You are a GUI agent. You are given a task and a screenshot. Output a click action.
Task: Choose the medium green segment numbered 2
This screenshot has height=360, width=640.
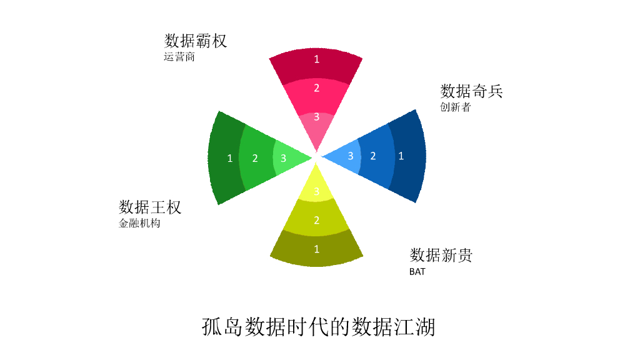256,157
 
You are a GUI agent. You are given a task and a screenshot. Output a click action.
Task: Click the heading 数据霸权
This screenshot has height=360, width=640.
196,41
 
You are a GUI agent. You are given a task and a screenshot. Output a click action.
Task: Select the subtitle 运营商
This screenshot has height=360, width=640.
179,57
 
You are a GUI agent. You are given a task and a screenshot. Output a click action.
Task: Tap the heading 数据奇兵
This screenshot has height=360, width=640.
471,91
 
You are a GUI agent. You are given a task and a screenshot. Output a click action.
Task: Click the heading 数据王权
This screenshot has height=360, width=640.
150,207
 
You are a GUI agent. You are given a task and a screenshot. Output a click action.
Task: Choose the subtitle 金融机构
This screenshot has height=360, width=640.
139,223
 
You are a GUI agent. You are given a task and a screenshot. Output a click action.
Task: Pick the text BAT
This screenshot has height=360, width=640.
417,271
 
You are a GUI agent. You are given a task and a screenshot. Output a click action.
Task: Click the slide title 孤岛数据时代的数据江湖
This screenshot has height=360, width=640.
319,327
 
